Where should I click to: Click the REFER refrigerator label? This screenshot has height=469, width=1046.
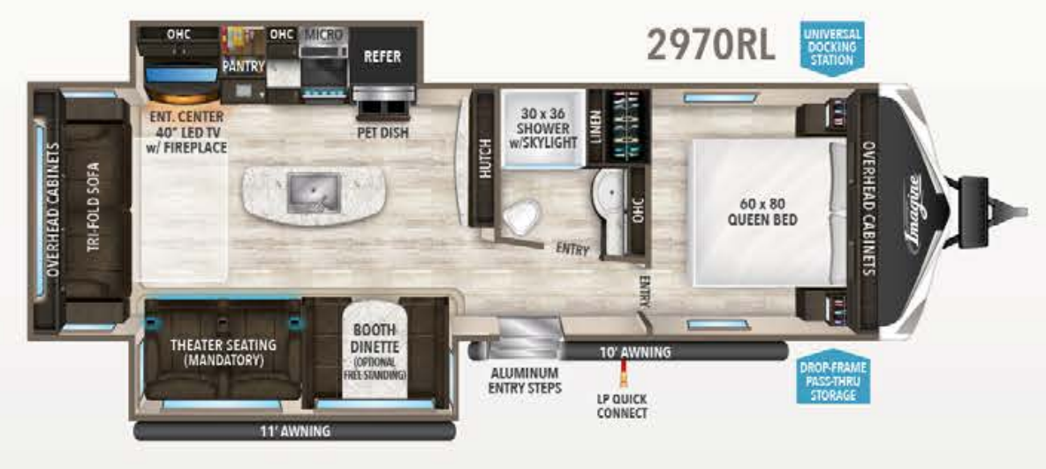pos(383,57)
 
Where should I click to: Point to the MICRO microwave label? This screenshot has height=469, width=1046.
pos(323,34)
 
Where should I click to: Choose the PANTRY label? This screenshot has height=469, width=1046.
pos(244,66)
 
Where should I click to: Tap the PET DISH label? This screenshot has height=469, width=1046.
pos(382,133)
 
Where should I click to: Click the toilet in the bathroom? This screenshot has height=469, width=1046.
pos(522,214)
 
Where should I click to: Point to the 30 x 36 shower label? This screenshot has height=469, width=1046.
pos(542,127)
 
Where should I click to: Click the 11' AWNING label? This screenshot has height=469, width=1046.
pos(296,431)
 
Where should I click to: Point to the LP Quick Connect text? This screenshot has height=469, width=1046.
pos(622,407)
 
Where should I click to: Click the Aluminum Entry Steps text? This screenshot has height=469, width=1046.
pos(525,380)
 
